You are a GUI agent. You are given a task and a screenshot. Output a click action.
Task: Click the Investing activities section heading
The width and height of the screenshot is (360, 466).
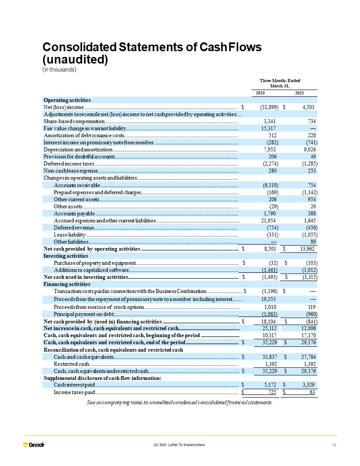click(x=66, y=256)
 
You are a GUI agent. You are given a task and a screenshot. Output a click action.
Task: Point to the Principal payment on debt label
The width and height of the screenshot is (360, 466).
click(x=84, y=313)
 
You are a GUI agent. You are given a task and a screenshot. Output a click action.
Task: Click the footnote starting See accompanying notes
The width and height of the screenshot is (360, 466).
click(x=180, y=402)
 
